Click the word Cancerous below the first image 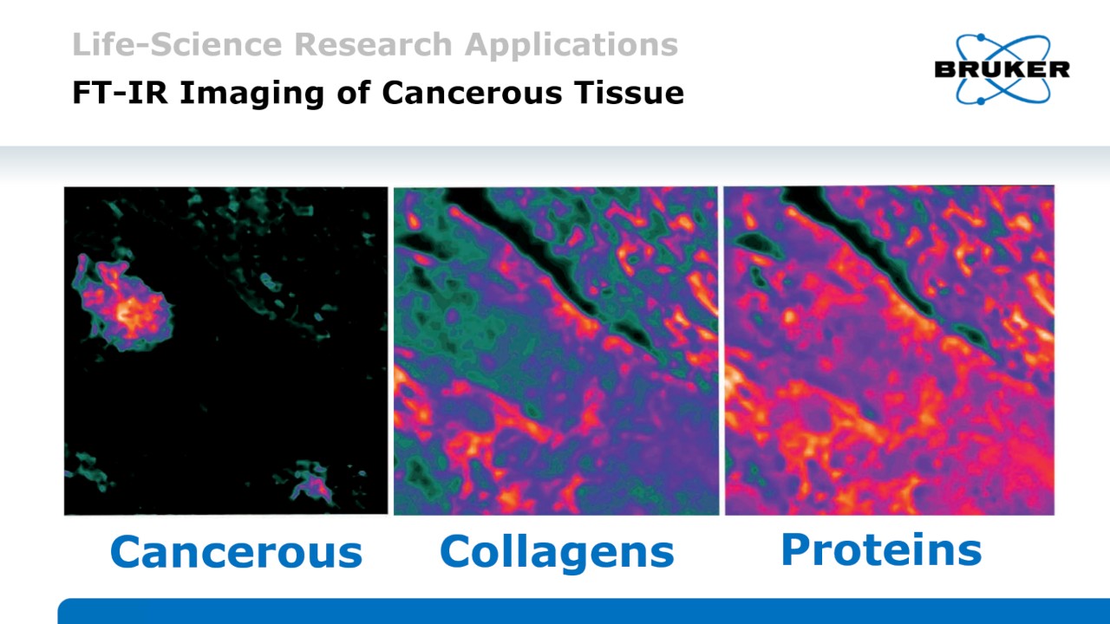[236, 552]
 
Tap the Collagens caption [557, 552]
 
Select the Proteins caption [881, 549]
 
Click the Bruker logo [1002, 69]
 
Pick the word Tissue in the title [632, 93]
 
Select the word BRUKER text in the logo [1002, 69]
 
